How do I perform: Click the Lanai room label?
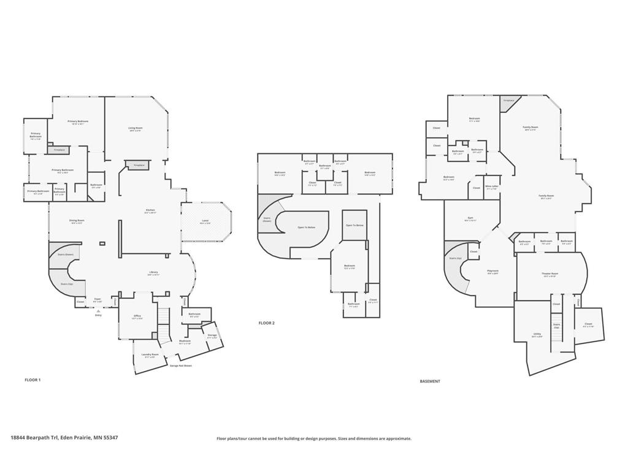pyautogui.click(x=205, y=221)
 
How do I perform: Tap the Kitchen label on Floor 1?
pyautogui.click(x=150, y=211)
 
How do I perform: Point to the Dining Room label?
pyautogui.click(x=77, y=221)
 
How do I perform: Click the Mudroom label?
pyautogui.click(x=185, y=342)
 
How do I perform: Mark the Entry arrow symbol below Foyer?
pyautogui.click(x=98, y=312)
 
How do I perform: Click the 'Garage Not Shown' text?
pyautogui.click(x=180, y=366)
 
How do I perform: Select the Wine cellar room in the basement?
pyautogui.click(x=491, y=187)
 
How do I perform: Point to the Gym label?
pyautogui.click(x=470, y=218)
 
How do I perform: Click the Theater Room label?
pyautogui.click(x=550, y=274)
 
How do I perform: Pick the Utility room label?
pyautogui.click(x=537, y=335)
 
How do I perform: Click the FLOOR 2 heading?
pyautogui.click(x=266, y=323)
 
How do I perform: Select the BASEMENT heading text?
pyautogui.click(x=430, y=381)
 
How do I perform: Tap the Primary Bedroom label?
pyautogui.click(x=78, y=122)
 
